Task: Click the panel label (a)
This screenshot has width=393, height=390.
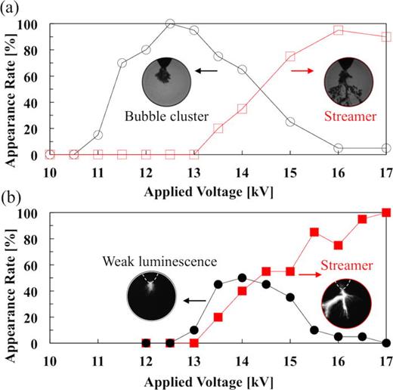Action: tap(13, 11)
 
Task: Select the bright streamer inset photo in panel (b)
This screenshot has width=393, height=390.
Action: tap(345, 301)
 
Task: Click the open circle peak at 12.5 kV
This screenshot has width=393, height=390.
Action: tap(170, 23)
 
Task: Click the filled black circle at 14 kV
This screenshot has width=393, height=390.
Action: tap(242, 277)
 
